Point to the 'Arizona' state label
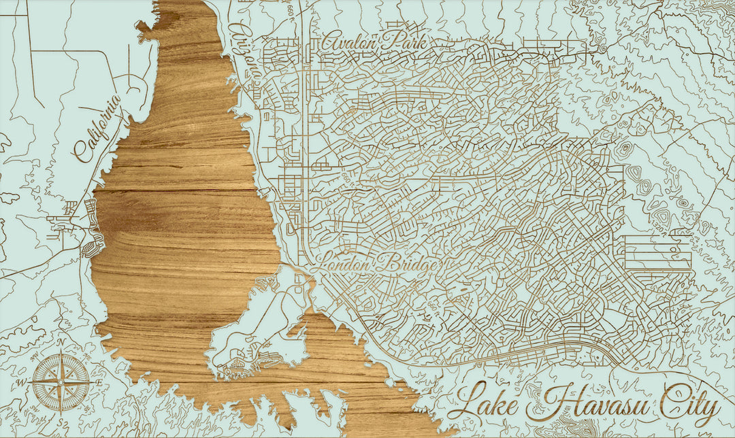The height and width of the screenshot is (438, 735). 244,51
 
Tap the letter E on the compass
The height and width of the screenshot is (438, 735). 99,383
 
